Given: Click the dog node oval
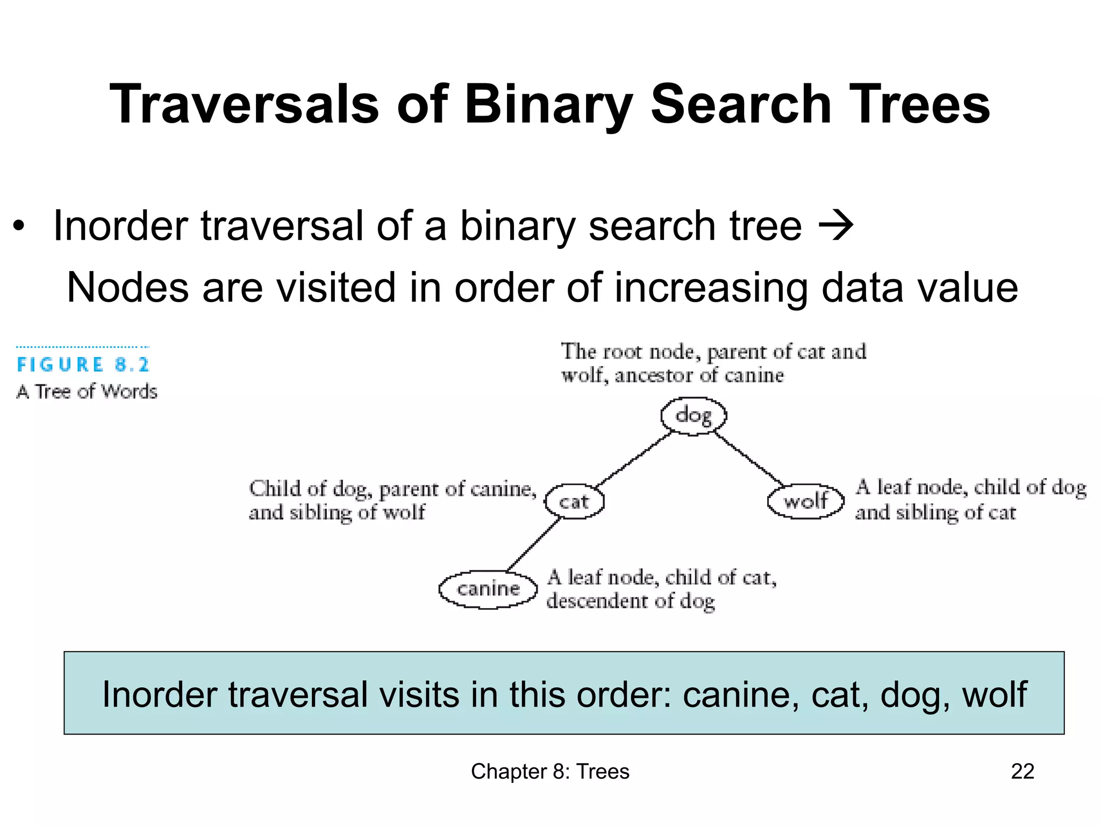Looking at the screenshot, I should pyautogui.click(x=694, y=416).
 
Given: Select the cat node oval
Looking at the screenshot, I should pyautogui.click(x=574, y=501).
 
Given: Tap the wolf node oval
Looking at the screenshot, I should pyautogui.click(x=805, y=501).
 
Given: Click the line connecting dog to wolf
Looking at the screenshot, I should pyautogui.click(x=748, y=459).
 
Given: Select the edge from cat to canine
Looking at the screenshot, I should pyautogui.click(x=533, y=544).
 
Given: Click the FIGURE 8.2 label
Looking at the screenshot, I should pyautogui.click(x=83, y=365).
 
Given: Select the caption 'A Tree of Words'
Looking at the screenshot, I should pyautogui.click(x=87, y=391).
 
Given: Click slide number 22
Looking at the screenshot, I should pyautogui.click(x=1022, y=771).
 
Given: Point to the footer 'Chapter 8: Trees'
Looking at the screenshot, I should pyautogui.click(x=550, y=771).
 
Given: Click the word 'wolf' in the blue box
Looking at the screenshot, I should pyautogui.click(x=994, y=694).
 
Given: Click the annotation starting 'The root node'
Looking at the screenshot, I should pyautogui.click(x=713, y=363).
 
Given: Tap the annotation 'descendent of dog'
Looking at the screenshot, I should pyautogui.click(x=630, y=601).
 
